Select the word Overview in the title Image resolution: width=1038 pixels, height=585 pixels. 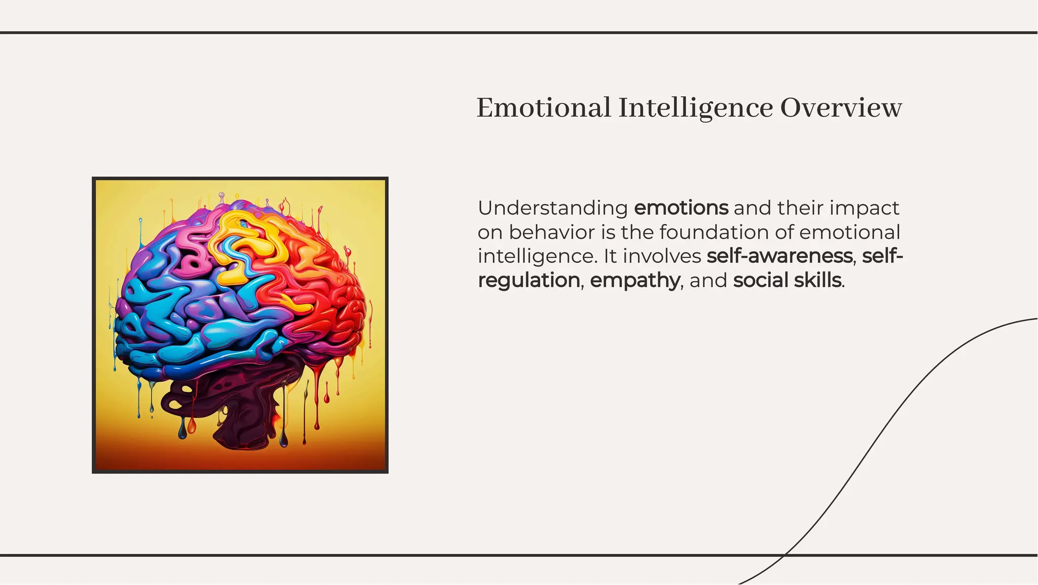[x=841, y=108]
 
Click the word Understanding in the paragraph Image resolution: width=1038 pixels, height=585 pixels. [x=552, y=209]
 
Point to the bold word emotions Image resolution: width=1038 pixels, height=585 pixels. [x=681, y=208]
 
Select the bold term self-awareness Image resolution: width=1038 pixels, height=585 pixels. [x=779, y=256]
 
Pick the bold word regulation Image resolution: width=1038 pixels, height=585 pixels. [x=529, y=281]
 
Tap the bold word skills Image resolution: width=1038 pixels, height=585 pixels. [x=818, y=281]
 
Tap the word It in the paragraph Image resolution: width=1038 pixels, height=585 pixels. [x=610, y=256]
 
